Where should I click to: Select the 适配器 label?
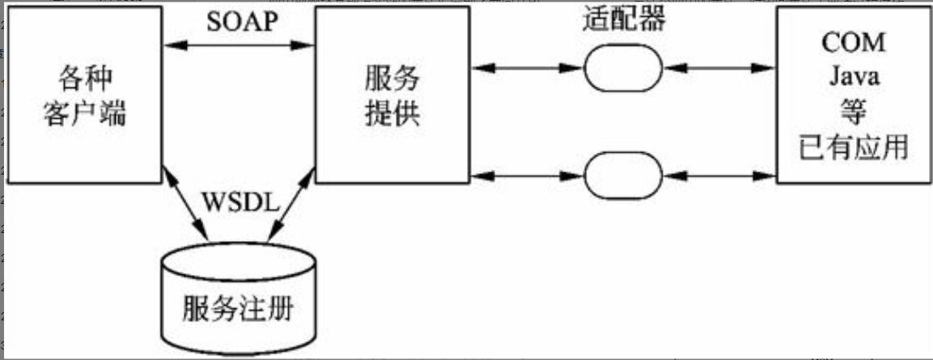[x=623, y=20]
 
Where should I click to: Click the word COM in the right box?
[x=853, y=42]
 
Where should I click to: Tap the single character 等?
[x=852, y=112]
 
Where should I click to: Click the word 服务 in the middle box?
[x=392, y=78]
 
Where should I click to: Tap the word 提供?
[x=392, y=114]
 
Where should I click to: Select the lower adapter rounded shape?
[x=622, y=174]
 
